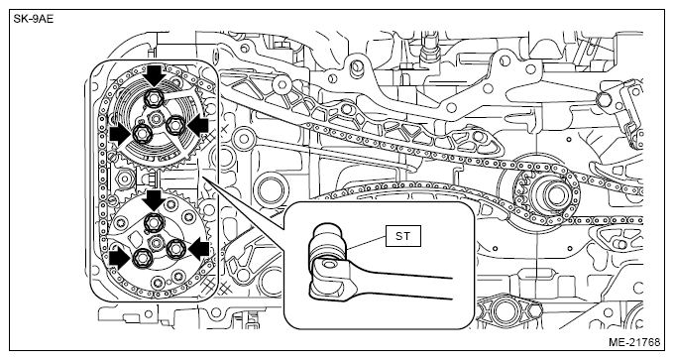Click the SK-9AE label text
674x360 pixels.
point(34,20)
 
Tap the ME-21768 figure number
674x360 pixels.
point(634,342)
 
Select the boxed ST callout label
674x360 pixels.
point(403,236)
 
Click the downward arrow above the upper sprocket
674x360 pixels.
point(155,75)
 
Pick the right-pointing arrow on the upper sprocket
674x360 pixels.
point(120,136)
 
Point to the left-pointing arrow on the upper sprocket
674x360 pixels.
point(198,127)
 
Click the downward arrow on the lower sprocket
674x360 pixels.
point(154,200)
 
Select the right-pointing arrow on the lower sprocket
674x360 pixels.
point(120,260)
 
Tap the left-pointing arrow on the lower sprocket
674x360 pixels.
point(199,250)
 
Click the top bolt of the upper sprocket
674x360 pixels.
point(154,97)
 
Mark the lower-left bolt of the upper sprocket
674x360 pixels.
point(141,134)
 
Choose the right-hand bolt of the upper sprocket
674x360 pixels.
point(174,125)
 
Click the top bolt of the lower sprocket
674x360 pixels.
point(153,222)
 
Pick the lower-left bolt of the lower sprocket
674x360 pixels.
point(141,258)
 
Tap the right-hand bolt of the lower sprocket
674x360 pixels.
point(175,249)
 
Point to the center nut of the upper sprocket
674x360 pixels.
point(156,117)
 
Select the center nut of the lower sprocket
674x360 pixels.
point(156,242)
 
